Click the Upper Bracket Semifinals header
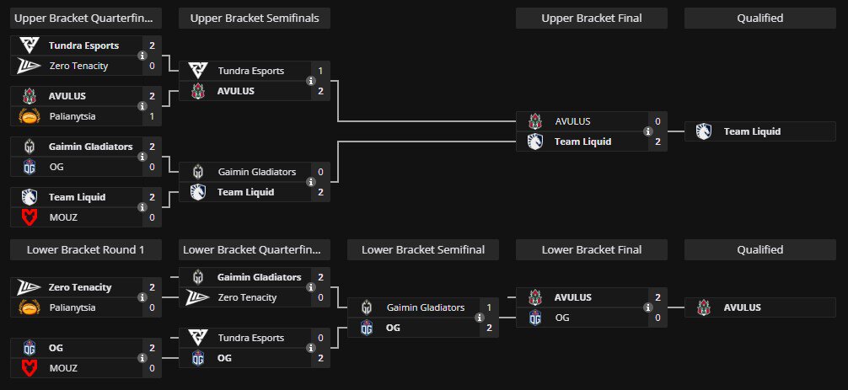point(255,19)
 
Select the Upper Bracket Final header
point(592,19)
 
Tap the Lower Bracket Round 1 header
point(85,249)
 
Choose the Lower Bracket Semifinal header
point(423,249)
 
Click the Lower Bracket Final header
point(592,249)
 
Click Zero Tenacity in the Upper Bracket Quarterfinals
point(78,66)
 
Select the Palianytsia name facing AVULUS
point(72,116)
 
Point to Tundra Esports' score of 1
point(320,71)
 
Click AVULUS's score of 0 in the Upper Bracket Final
point(657,121)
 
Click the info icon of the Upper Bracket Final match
point(648,131)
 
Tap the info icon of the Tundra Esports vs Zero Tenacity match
point(142,56)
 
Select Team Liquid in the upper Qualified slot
point(752,131)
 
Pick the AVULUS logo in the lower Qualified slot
point(704,307)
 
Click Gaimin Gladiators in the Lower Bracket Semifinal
point(426,307)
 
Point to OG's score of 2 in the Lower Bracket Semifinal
point(490,328)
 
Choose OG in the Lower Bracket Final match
point(562,318)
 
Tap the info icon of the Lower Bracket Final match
point(648,307)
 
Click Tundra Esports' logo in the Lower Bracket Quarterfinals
point(198,338)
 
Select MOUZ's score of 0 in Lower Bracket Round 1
point(152,368)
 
